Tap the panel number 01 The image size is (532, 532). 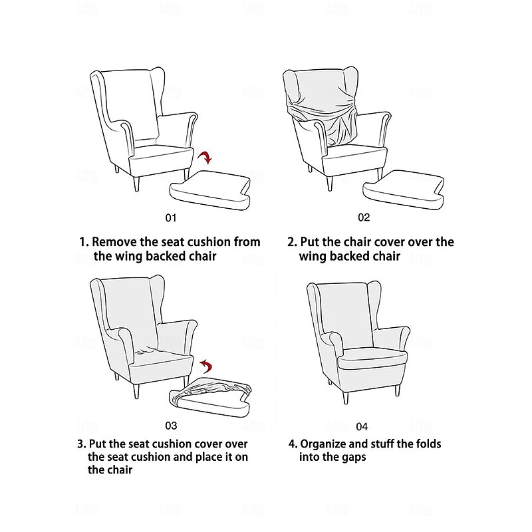click(172, 217)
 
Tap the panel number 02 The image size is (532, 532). click(364, 217)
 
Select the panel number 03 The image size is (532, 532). click(172, 425)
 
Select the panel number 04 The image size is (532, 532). click(362, 426)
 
